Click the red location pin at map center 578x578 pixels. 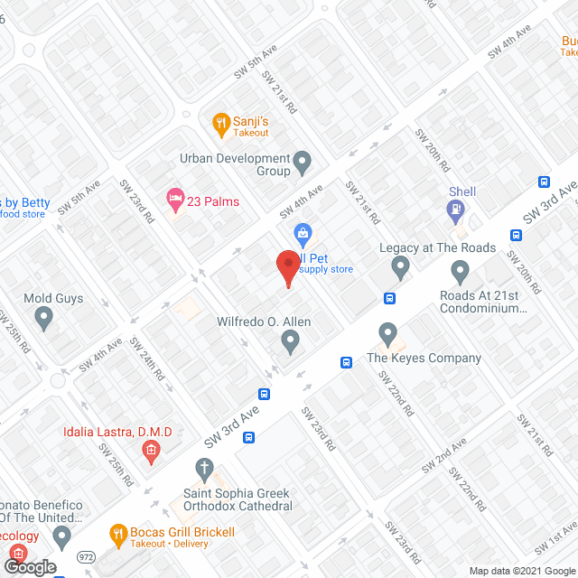point(288,265)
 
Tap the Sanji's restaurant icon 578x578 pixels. point(219,121)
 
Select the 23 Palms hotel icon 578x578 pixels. point(174,197)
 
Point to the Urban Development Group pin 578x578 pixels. point(303,163)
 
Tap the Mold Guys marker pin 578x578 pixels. point(43,317)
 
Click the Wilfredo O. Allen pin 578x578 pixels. point(290,340)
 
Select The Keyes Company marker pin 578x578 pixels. point(387,333)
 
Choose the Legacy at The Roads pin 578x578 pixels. point(401,267)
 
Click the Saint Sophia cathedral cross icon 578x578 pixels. point(205,469)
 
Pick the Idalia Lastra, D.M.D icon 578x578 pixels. point(152,450)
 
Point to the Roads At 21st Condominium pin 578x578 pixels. point(461,271)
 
